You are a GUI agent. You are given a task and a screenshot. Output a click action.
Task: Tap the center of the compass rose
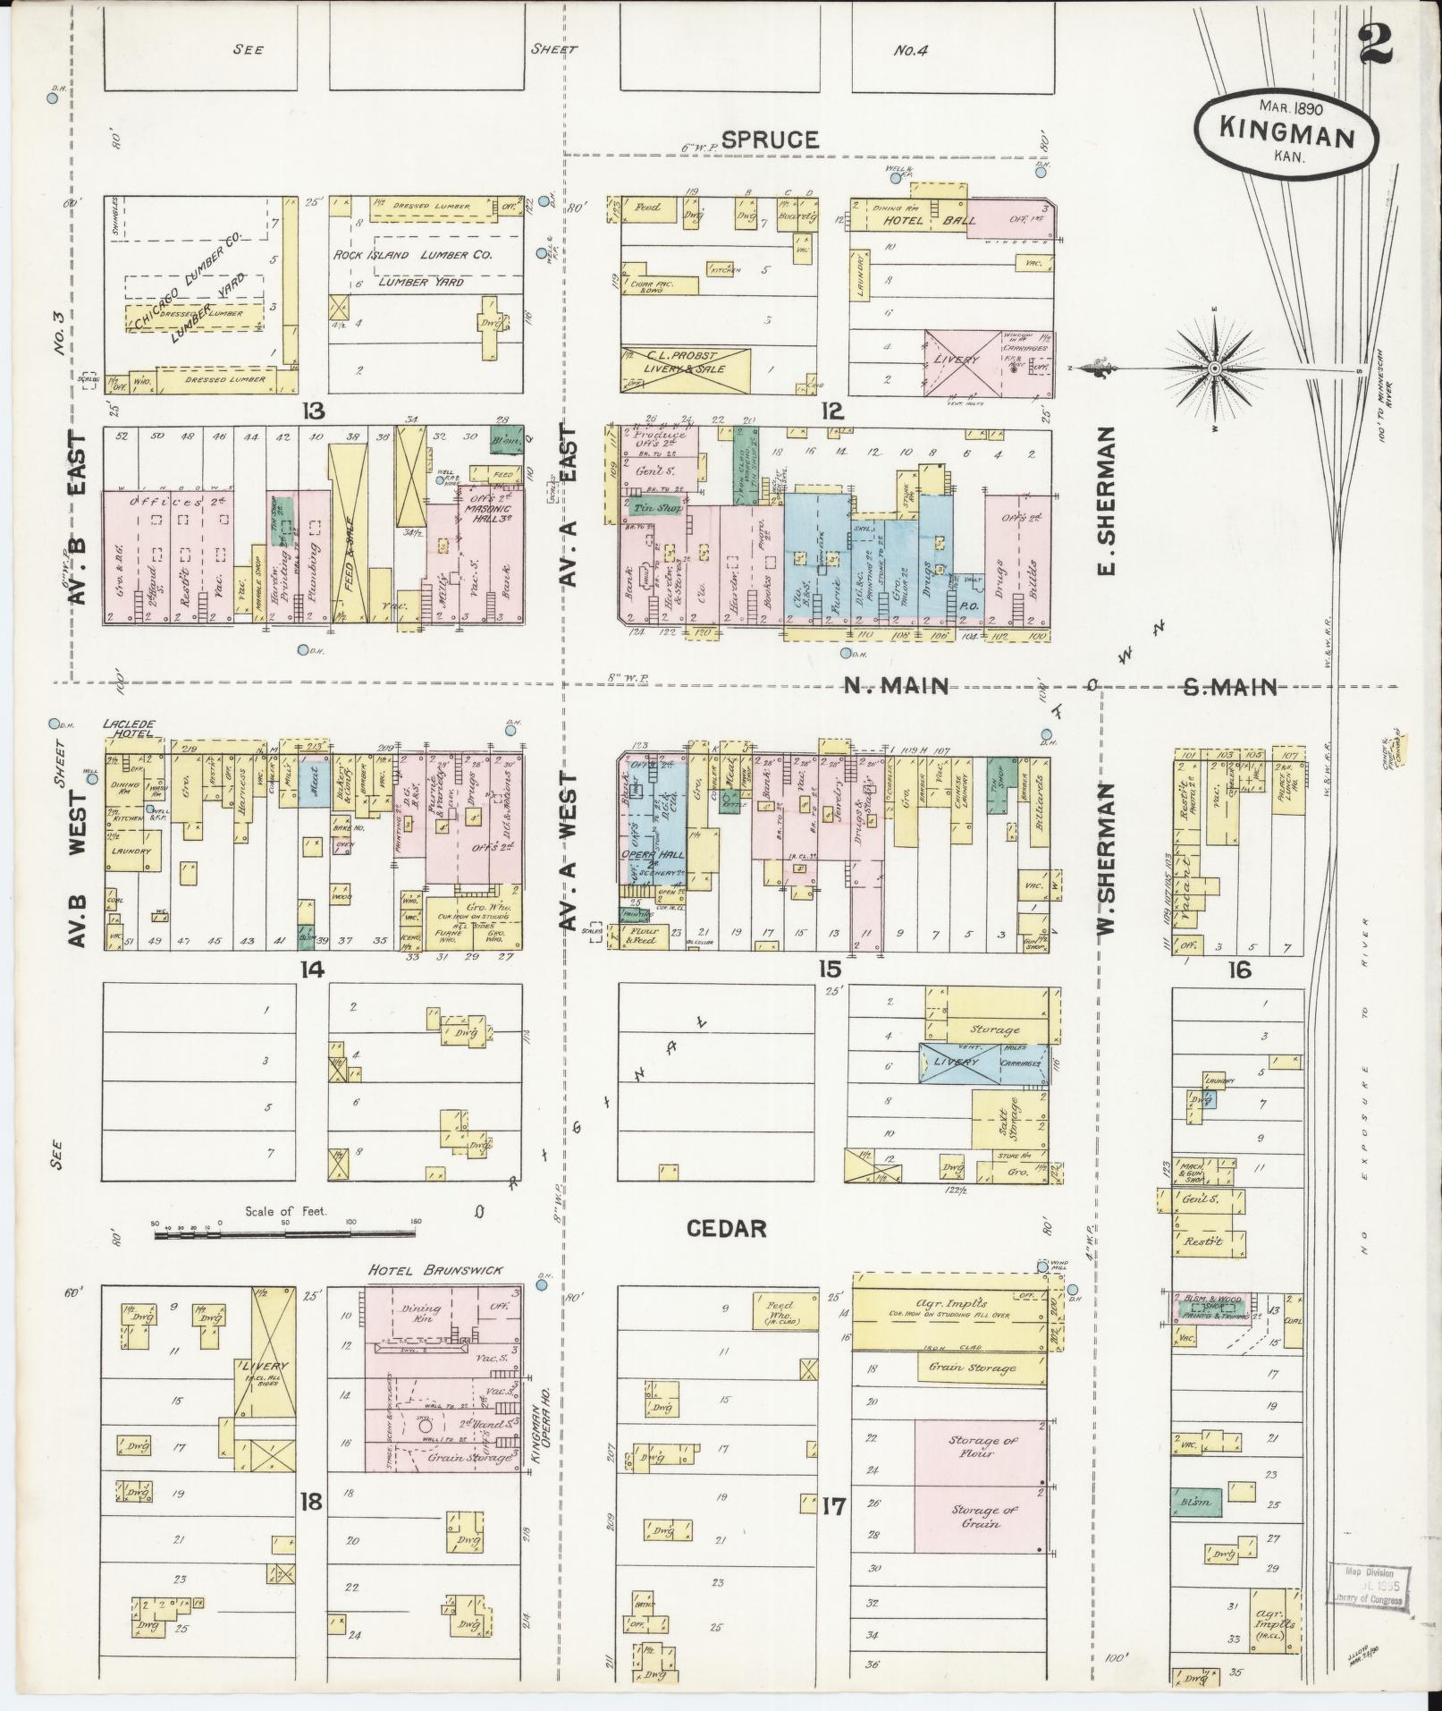tap(1216, 368)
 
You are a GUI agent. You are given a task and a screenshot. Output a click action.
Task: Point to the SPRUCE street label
tap(770, 140)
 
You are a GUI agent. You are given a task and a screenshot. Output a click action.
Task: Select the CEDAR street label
tap(726, 1228)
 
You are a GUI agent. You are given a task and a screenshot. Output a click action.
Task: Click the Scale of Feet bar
tap(284, 1234)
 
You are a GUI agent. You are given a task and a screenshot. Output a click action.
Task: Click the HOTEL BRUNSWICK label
tap(435, 1270)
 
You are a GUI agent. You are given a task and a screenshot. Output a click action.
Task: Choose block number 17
tap(833, 1506)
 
